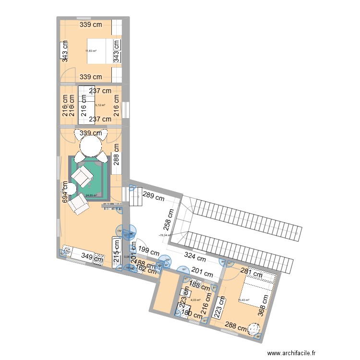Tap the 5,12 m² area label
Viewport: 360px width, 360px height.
point(100,105)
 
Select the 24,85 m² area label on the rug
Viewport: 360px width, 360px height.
point(91,195)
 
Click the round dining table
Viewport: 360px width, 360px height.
point(90,146)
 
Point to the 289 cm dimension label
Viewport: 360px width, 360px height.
point(153,196)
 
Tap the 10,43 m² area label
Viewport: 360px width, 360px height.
point(243,301)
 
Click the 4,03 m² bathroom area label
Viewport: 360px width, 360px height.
point(195,300)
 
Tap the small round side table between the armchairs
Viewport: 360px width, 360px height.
point(71,189)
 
